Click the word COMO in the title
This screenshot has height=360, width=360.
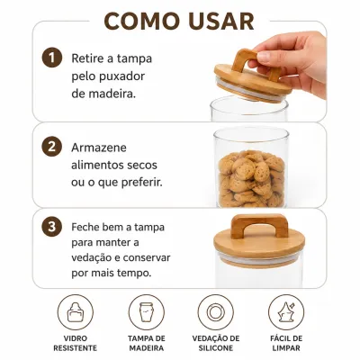[141, 21]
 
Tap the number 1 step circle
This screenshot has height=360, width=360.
[52, 58]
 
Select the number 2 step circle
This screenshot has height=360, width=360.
[52, 147]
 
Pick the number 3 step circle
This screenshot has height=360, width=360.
[52, 227]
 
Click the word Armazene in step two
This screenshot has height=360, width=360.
[99, 148]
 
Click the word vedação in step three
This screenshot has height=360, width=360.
[92, 258]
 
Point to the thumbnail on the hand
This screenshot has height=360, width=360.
[264, 56]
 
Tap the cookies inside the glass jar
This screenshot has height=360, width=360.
[251, 179]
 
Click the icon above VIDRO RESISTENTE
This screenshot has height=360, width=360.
[76, 312]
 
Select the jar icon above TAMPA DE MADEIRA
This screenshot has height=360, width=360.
[147, 312]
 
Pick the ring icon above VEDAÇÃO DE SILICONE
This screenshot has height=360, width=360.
[216, 312]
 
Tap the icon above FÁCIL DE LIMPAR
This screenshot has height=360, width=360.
[286, 312]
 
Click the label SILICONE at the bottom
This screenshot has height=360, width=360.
[216, 348]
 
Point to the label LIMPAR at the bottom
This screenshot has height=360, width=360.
[286, 348]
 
